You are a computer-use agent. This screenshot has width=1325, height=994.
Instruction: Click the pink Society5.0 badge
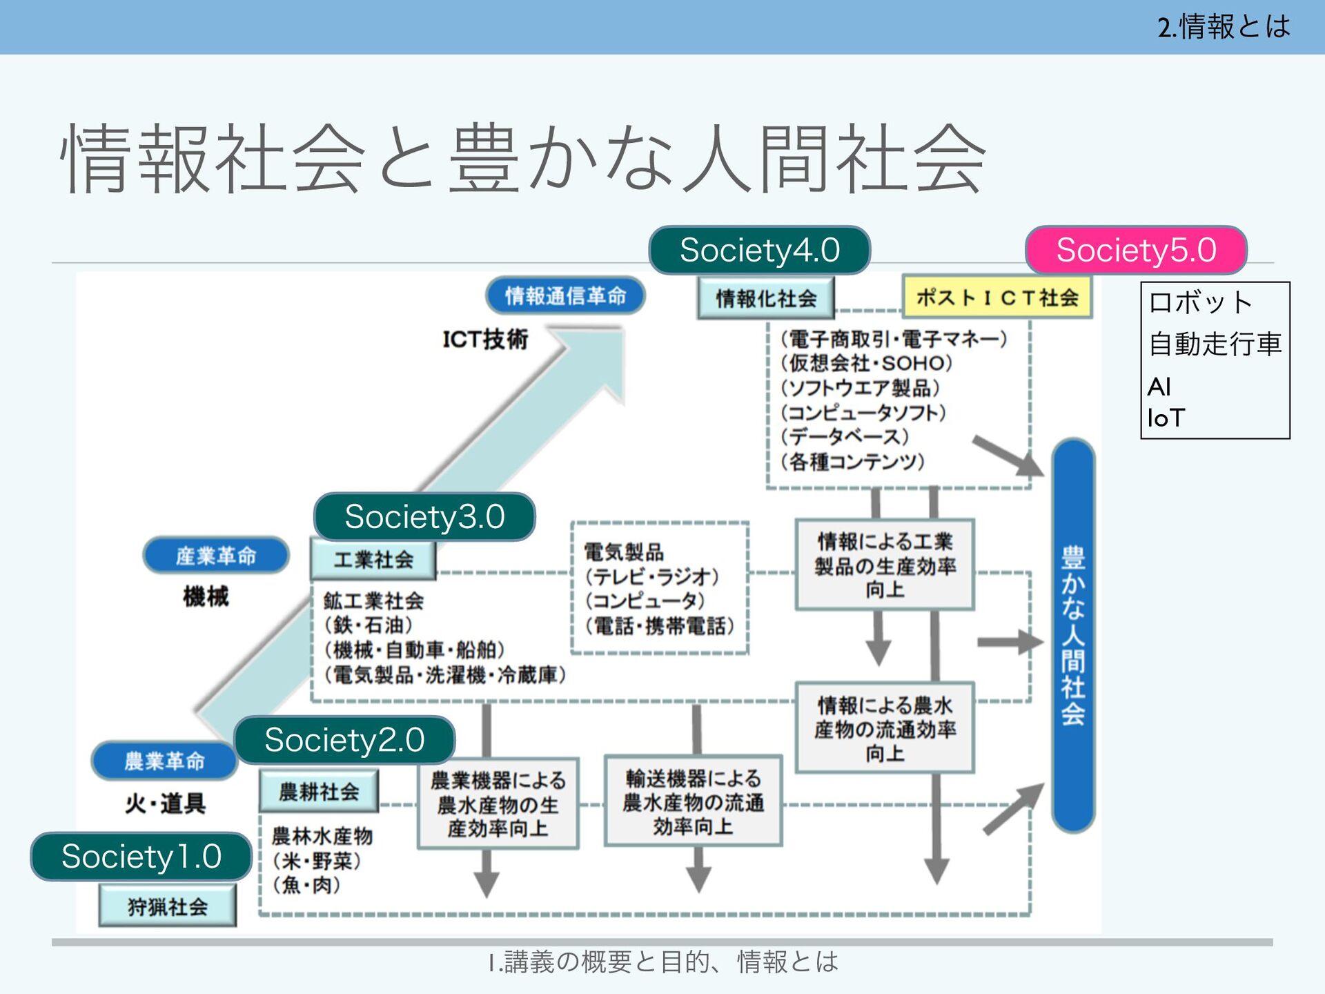pyautogui.click(x=1136, y=250)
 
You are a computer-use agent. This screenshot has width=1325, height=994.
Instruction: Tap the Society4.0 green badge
pyautogui.click(x=759, y=250)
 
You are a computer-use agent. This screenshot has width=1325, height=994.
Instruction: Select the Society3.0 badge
pyautogui.click(x=424, y=516)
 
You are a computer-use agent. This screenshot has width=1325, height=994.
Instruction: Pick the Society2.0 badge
pyautogui.click(x=344, y=740)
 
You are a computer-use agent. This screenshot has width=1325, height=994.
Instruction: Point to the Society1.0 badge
pyautogui.click(x=141, y=857)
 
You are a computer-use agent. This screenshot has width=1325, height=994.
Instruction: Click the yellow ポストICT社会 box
pyautogui.click(x=997, y=298)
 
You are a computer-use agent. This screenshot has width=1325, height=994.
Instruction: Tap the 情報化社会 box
pyautogui.click(x=766, y=298)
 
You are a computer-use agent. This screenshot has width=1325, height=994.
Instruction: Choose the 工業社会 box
pyautogui.click(x=373, y=559)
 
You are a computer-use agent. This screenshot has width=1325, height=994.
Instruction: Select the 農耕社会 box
pyautogui.click(x=319, y=791)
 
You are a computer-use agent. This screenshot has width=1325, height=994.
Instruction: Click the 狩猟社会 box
pyautogui.click(x=168, y=906)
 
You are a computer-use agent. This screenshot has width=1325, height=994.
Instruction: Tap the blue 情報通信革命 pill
pyautogui.click(x=566, y=296)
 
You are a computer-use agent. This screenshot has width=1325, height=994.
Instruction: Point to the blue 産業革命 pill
pyautogui.click(x=216, y=555)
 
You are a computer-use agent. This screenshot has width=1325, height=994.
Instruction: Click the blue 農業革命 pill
pyautogui.click(x=165, y=761)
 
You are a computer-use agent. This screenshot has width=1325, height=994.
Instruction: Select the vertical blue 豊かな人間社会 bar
pyautogui.click(x=1073, y=635)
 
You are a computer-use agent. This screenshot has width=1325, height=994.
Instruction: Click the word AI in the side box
pyautogui.click(x=1159, y=387)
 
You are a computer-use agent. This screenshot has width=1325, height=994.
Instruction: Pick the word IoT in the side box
pyautogui.click(x=1166, y=418)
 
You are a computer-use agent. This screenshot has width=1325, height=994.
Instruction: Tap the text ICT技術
pyautogui.click(x=485, y=339)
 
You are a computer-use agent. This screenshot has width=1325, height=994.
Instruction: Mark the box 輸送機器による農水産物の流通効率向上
pyautogui.click(x=694, y=801)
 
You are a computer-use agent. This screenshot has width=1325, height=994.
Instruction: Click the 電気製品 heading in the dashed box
pyautogui.click(x=624, y=552)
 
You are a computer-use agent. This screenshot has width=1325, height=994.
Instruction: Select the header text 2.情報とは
pyautogui.click(x=1224, y=27)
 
